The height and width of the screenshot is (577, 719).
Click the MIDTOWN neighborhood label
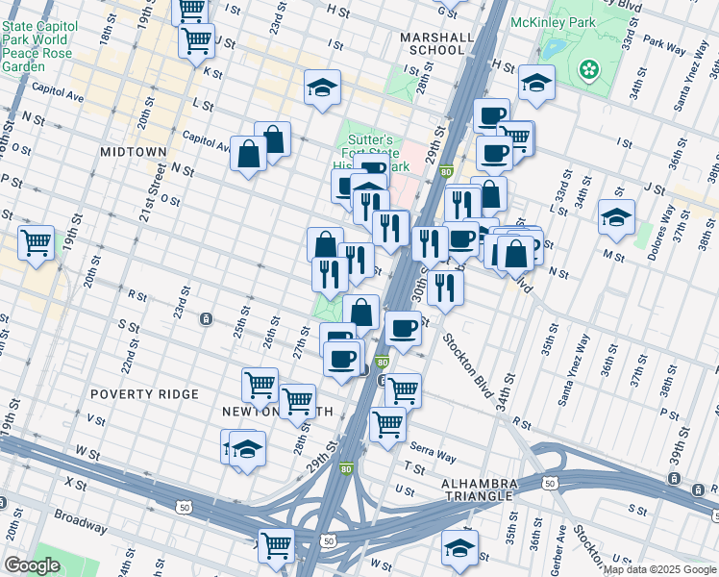point(133,152)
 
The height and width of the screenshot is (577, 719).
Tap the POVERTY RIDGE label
point(144,394)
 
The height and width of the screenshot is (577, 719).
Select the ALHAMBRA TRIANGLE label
point(480,489)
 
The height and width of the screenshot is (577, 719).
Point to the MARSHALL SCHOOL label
point(437,43)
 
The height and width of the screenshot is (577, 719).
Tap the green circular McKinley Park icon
point(588,69)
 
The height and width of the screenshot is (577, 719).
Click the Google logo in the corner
point(32,564)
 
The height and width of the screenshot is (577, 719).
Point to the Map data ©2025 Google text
point(659,569)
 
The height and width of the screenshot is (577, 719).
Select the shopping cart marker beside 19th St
point(37,242)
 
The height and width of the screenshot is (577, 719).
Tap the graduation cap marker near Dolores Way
point(616,217)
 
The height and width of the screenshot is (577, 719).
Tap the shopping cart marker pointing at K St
point(196,41)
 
